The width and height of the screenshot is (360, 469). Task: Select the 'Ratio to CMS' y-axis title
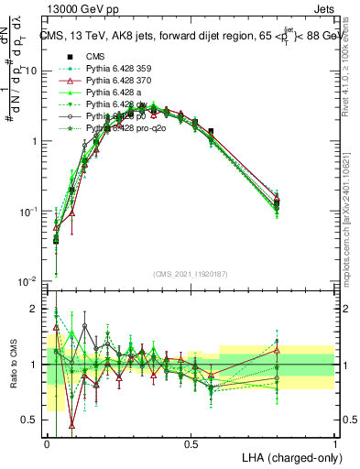(13, 364)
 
